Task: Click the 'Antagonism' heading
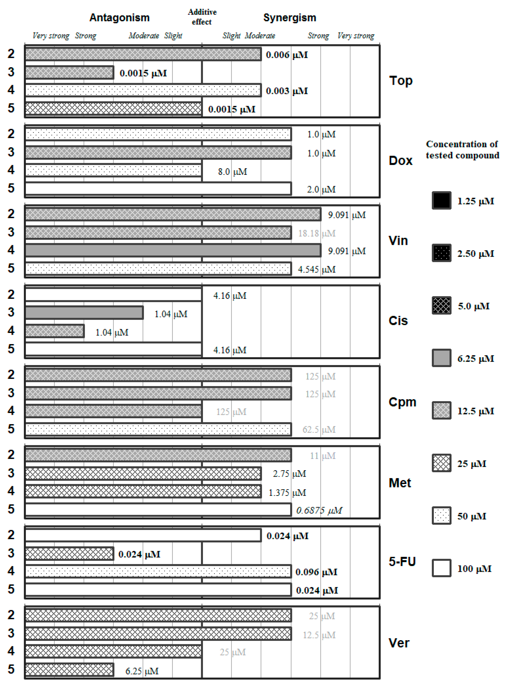point(119,18)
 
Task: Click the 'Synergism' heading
point(289,18)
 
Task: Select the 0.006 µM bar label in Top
point(287,55)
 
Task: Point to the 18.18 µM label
point(317,234)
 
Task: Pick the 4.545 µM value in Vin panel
point(317,269)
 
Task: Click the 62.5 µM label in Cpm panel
point(319,430)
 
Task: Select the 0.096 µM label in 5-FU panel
point(316,572)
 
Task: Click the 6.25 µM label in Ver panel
point(142,671)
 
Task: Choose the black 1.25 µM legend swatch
point(441,201)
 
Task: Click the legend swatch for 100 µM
point(441,568)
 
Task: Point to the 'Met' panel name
point(400,483)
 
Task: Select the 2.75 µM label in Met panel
point(289,474)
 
